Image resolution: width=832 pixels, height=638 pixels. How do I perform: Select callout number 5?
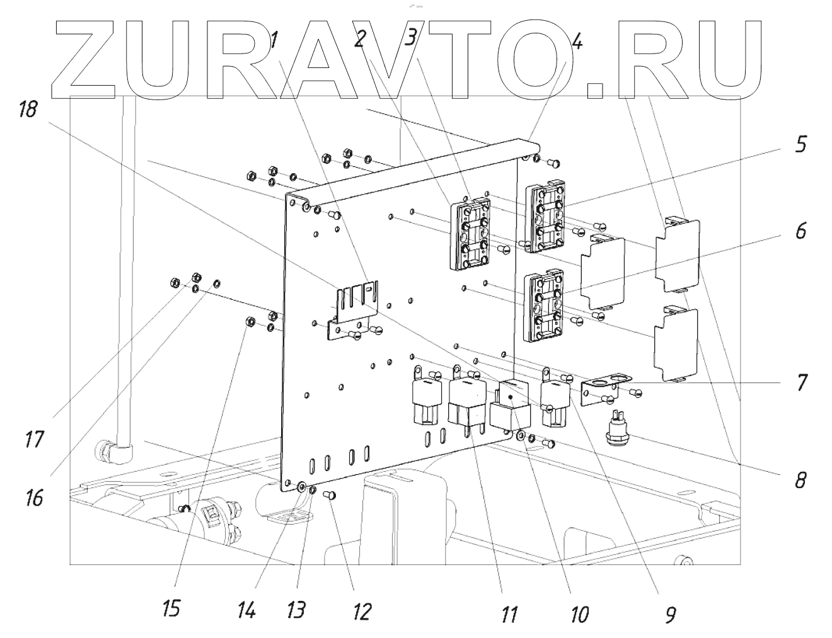(799, 145)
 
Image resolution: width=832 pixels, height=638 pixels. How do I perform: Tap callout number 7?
(799, 382)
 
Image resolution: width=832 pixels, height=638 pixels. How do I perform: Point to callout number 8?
(799, 481)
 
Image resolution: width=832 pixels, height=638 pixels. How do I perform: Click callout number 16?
(34, 498)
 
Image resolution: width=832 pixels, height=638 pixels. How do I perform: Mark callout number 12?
(361, 611)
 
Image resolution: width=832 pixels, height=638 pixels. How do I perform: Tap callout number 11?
(509, 613)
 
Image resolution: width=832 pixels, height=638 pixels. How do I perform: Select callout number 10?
(579, 613)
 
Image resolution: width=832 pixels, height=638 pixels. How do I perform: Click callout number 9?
(669, 613)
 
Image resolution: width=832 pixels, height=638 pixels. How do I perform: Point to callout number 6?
(799, 231)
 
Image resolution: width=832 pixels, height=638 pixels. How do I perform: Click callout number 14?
(246, 610)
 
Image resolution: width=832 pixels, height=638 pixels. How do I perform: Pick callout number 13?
(296, 610)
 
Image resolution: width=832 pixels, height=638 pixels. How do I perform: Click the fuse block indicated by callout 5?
(546, 216)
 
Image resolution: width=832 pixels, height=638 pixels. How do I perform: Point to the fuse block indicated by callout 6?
(546, 305)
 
